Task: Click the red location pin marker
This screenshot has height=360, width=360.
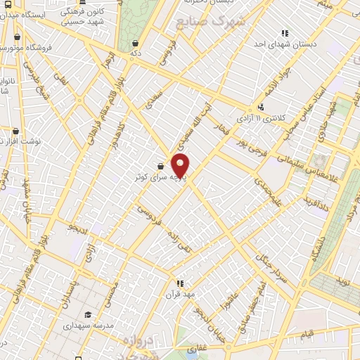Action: pyautogui.click(x=181, y=165)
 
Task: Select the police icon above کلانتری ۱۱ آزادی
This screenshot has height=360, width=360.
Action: pyautogui.click(x=262, y=107)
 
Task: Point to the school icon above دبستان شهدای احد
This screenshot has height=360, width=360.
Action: pyautogui.click(x=285, y=32)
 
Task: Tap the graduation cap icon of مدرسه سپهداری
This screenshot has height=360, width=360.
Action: pyautogui.click(x=88, y=314)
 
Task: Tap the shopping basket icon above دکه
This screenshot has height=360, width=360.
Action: pyautogui.click(x=134, y=43)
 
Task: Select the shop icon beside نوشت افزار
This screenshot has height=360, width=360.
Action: pyautogui.click(x=15, y=131)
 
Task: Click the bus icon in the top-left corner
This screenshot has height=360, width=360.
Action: pyautogui.click(x=5, y=4)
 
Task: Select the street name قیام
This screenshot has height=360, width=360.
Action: pyautogui.click(x=307, y=334)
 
